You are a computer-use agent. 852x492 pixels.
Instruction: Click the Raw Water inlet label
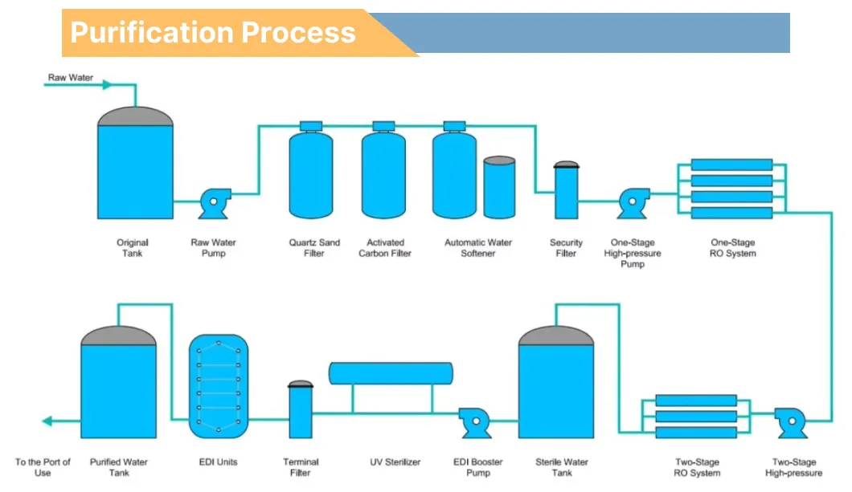[70, 78]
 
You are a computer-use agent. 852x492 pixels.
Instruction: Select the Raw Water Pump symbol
[214, 204]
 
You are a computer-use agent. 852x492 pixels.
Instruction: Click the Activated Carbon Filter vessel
[383, 174]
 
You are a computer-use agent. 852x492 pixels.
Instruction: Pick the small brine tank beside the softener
[499, 187]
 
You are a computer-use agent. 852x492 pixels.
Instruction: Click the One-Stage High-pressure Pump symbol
[633, 204]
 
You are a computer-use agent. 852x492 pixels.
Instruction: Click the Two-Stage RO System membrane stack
[696, 417]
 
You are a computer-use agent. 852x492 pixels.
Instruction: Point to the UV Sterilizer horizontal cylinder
[391, 372]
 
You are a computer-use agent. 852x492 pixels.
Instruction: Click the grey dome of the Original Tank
[135, 116]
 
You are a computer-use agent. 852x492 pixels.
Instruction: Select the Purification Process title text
[213, 32]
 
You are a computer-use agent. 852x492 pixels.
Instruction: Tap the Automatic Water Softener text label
[478, 248]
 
